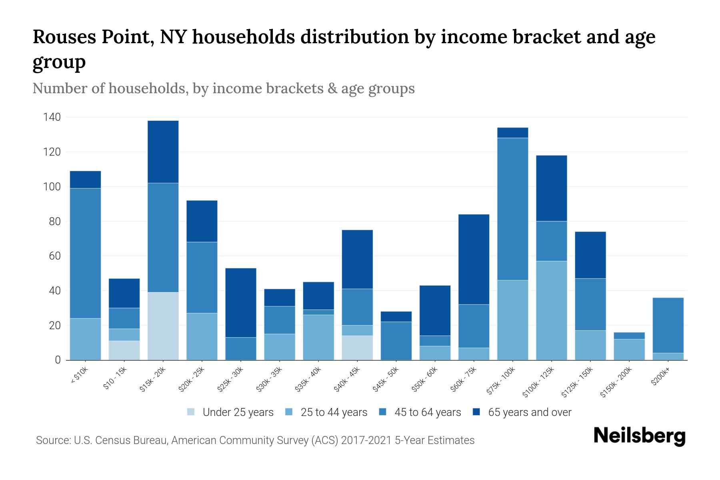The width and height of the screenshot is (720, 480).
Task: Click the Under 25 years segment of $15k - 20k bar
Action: click(163, 326)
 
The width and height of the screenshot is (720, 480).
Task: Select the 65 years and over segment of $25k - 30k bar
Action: click(241, 303)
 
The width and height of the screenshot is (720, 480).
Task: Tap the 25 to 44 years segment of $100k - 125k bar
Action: click(552, 310)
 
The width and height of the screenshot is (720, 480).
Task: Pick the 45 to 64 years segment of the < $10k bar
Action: click(85, 253)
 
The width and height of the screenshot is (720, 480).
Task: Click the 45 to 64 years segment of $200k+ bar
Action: click(668, 325)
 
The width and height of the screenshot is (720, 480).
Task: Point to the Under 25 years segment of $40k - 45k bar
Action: click(357, 348)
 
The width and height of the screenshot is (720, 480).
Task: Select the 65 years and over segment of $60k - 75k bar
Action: click(474, 259)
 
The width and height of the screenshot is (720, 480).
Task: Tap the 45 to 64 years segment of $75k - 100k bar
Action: click(513, 209)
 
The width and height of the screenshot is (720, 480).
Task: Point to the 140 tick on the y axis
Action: click(52, 117)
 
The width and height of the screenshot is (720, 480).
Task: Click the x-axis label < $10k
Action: click(79, 375)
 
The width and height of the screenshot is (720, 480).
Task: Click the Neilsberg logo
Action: click(639, 436)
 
